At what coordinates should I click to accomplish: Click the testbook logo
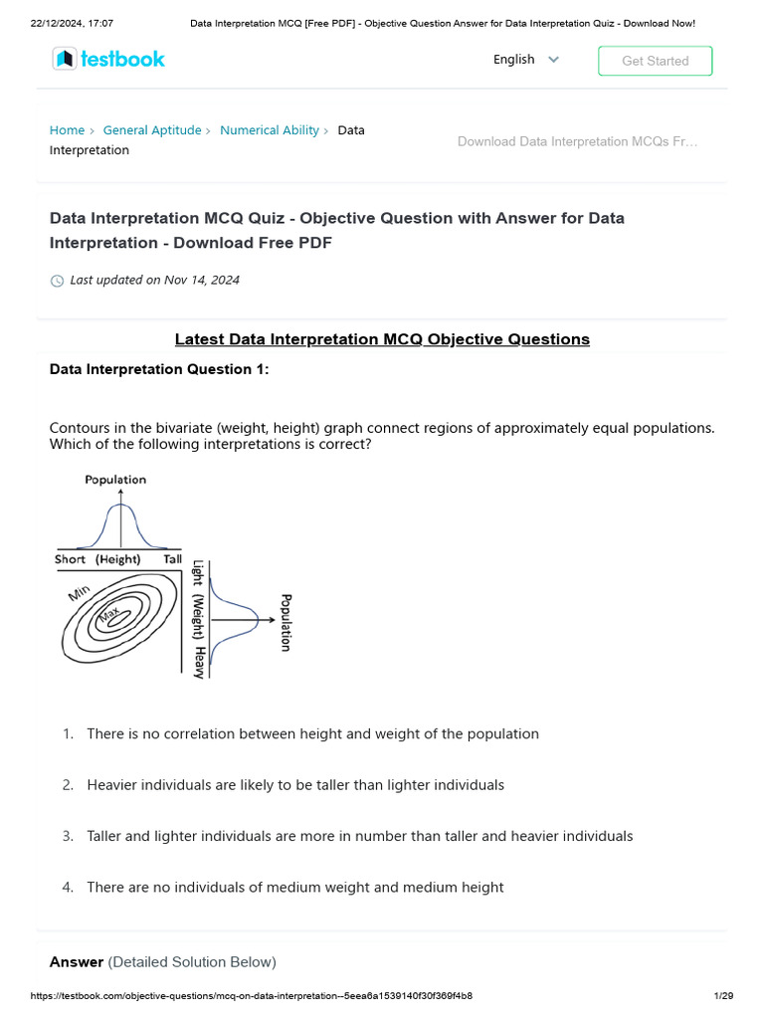point(108,60)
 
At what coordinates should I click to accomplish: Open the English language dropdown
point(526,60)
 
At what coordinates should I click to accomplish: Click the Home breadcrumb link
point(67,130)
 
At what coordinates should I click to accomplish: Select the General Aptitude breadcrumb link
point(152,130)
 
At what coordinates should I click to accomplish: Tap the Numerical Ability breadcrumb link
point(270,130)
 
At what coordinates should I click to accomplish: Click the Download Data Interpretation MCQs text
point(577,141)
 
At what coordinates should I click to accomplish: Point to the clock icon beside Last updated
point(57,281)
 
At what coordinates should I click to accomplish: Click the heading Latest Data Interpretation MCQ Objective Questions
point(382,339)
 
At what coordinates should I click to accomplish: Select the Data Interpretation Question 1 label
point(159,369)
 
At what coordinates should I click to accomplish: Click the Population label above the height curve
point(115,480)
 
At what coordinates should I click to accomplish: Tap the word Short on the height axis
point(70,559)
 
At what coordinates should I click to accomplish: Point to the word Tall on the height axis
point(172,559)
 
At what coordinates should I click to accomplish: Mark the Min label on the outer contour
point(80,594)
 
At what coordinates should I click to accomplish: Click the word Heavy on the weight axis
point(199,662)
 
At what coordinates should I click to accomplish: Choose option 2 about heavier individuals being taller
point(295,785)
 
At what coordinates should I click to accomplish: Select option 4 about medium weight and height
point(294,888)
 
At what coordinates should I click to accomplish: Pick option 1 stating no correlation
point(312,734)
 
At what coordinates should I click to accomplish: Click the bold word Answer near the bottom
point(77,962)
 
